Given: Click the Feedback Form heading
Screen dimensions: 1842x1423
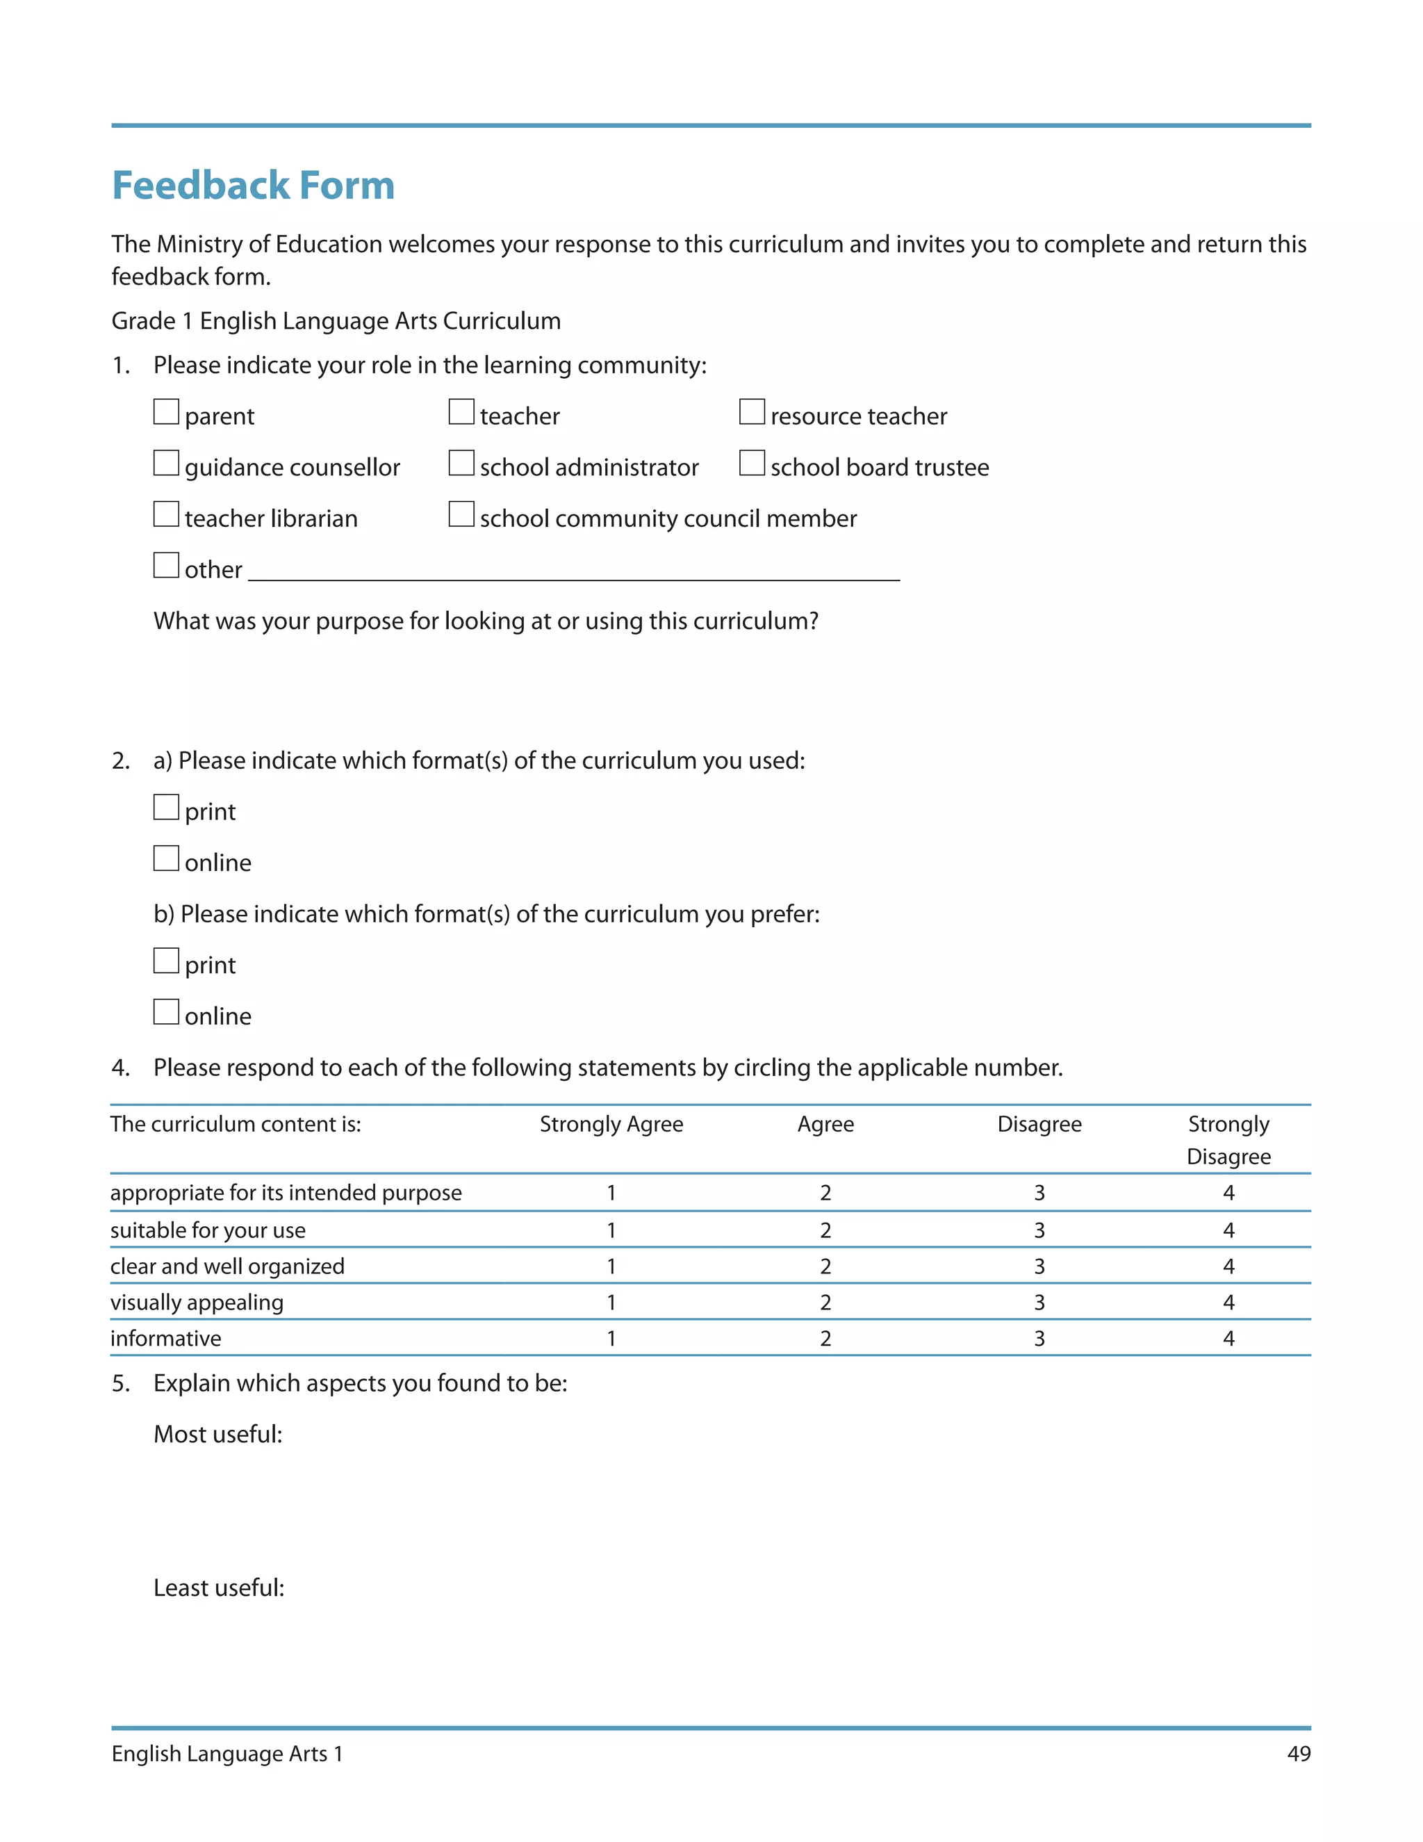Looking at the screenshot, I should (x=253, y=186).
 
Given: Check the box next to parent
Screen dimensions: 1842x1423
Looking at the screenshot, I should (x=166, y=411).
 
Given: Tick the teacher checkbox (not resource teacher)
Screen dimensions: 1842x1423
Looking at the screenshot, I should (x=461, y=411).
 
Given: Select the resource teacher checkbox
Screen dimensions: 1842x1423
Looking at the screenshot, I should (x=752, y=411).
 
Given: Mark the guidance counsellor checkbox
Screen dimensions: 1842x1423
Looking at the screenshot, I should (x=166, y=463).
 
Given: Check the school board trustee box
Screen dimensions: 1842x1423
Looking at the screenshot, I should (x=752, y=463).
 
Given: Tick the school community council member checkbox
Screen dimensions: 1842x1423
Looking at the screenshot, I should (x=461, y=514).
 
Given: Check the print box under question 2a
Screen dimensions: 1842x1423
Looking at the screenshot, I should (x=166, y=807).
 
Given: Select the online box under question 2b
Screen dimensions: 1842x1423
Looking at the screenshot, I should (x=166, y=1012).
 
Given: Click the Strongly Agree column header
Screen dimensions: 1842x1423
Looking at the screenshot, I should (x=611, y=1124).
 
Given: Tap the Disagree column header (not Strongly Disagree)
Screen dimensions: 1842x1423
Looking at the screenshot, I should (x=1039, y=1124).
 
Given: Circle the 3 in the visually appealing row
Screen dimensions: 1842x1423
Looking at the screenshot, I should (x=1039, y=1302).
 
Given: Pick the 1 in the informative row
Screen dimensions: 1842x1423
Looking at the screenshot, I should (x=611, y=1339).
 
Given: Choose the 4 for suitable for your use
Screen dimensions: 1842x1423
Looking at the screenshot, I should (x=1228, y=1230).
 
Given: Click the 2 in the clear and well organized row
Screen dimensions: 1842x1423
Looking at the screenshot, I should (x=825, y=1266).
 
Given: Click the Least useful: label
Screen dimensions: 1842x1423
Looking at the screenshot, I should (x=218, y=1588).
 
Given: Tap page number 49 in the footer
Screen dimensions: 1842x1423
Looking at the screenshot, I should (x=1298, y=1754).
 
